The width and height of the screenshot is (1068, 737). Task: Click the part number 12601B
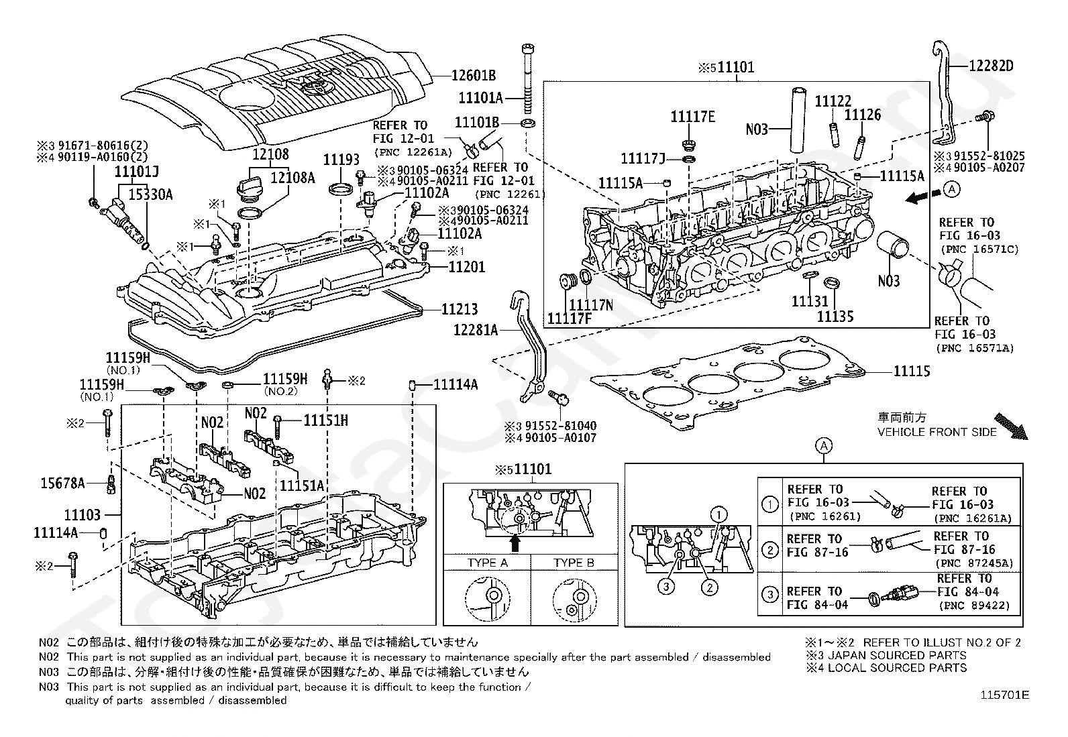coord(474,75)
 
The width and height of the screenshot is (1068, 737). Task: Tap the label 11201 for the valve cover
coord(467,267)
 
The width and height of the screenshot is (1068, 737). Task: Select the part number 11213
coord(460,309)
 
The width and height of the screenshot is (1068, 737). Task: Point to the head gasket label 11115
coord(912,371)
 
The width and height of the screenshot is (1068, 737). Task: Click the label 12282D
coord(992,66)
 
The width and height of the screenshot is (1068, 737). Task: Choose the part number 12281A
coord(476,329)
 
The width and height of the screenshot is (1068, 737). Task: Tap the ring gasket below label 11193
coord(340,188)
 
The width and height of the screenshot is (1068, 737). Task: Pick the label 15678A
coord(62,484)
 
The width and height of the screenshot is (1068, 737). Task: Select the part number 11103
coord(83,515)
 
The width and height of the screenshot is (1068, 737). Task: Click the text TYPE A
coord(487,563)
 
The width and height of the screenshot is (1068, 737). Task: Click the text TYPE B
coord(574,563)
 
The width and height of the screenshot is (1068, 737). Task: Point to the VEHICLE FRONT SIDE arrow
coord(1011,426)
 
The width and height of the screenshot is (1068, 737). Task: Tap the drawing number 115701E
coord(1004,695)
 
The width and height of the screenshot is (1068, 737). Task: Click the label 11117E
coord(693,117)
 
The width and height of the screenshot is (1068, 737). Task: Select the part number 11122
coord(833,101)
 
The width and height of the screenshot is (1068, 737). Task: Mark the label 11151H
coord(325,420)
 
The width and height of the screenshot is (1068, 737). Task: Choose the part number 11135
coord(835,317)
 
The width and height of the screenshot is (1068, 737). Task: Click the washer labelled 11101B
coord(528,123)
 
